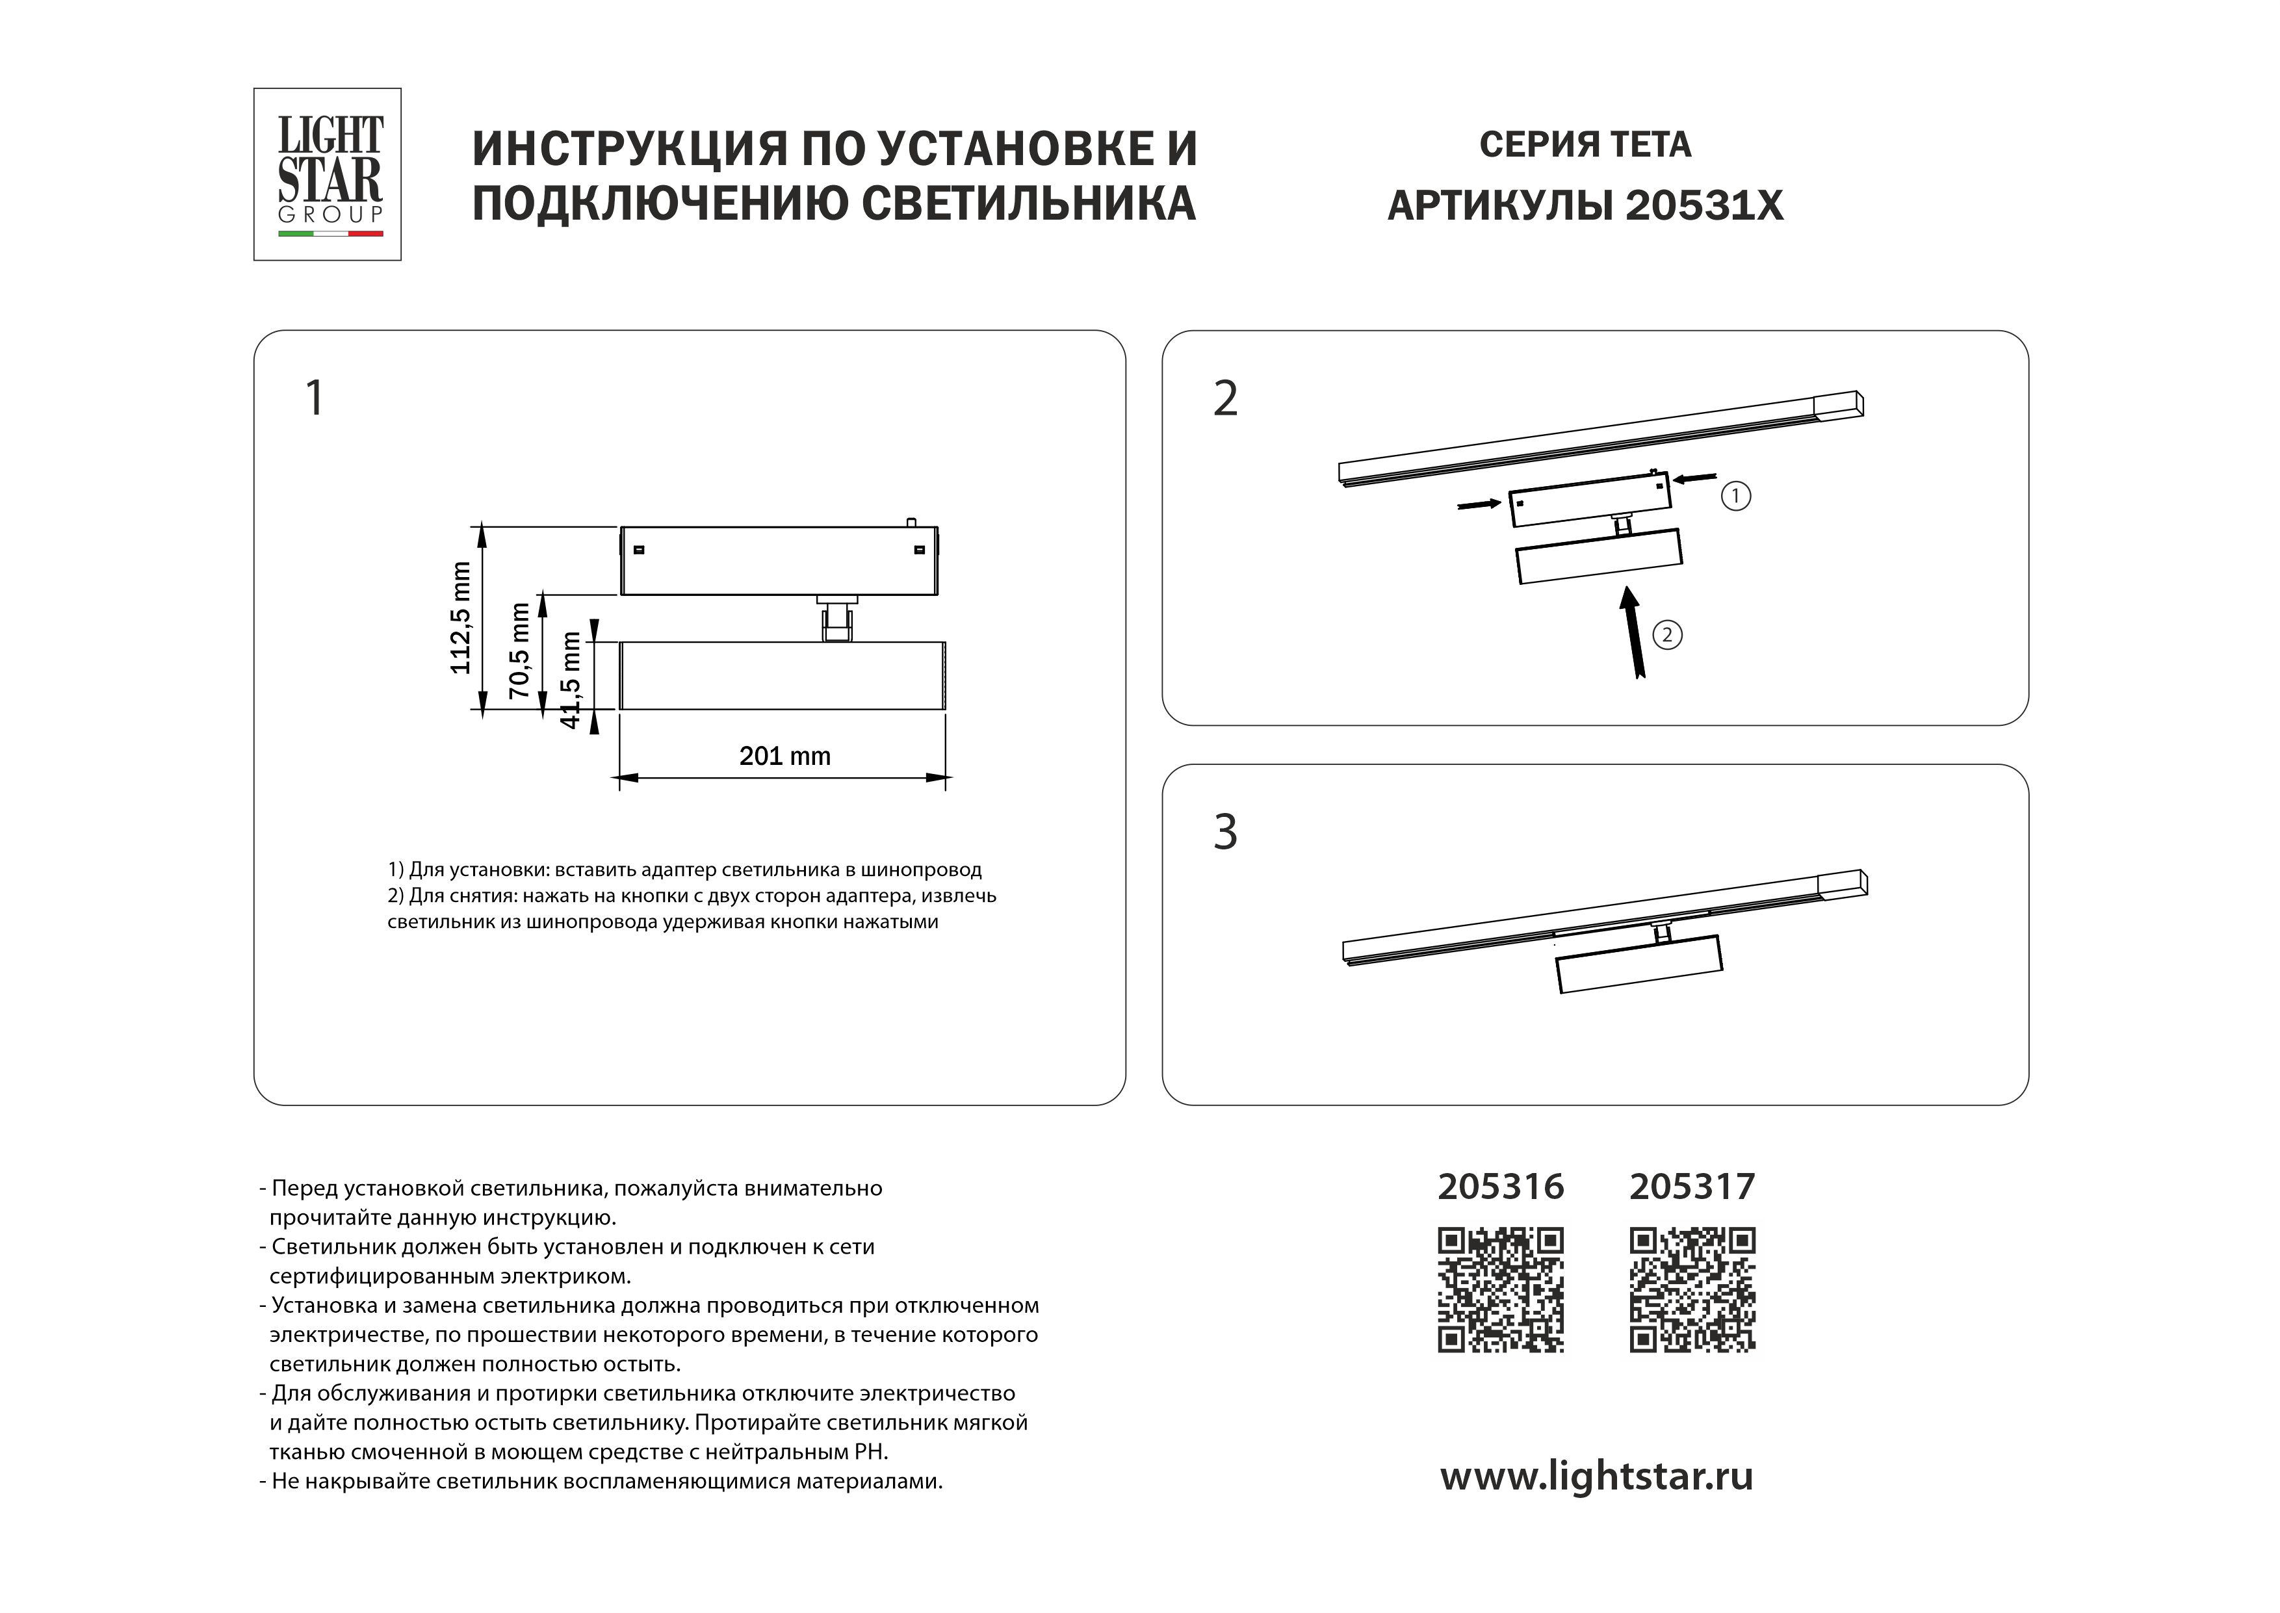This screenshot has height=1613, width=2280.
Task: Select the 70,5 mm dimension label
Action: (519, 651)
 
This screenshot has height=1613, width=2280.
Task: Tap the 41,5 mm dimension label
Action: (570, 679)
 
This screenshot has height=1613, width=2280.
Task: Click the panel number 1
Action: (315, 399)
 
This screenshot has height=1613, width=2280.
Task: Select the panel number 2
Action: (1225, 399)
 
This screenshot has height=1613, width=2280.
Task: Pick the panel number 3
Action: (1225, 832)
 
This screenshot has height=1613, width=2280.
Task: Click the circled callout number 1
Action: (1736, 496)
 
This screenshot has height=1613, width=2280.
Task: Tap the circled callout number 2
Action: (1667, 635)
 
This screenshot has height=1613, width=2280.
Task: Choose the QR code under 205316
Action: (1501, 1290)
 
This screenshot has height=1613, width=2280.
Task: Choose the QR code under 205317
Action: (1692, 1290)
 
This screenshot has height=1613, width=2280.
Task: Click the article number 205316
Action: (1501, 1187)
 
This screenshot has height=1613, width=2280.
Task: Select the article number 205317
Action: (1692, 1187)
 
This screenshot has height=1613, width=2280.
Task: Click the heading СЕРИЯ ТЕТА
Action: (1585, 145)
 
